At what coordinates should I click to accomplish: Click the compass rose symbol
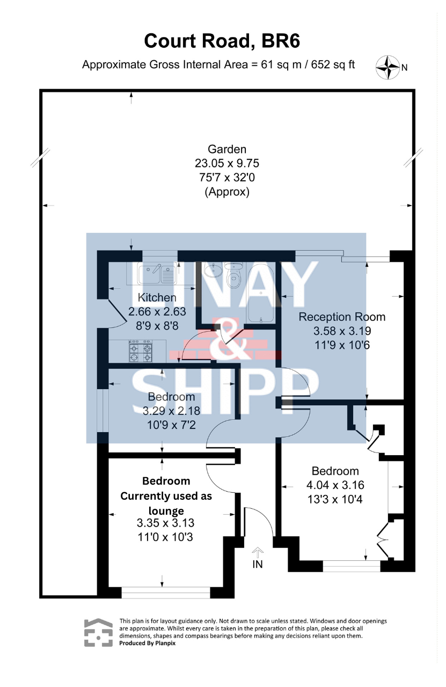point(387,67)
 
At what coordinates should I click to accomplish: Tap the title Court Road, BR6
point(222,41)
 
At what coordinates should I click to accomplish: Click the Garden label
point(227,149)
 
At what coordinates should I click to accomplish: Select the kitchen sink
point(156,273)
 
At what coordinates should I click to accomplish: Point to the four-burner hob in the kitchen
point(141,350)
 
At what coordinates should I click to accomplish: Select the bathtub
point(261,294)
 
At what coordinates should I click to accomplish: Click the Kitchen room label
point(157,297)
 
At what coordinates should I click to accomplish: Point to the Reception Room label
point(342,317)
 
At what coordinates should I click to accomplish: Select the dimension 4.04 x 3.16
point(335,485)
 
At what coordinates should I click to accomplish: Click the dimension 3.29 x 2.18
point(171,411)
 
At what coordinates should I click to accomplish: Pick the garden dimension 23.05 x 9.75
point(227,163)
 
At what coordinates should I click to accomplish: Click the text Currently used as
point(166,496)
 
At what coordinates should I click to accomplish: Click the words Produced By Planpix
point(147,643)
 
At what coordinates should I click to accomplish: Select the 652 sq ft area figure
point(333,65)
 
